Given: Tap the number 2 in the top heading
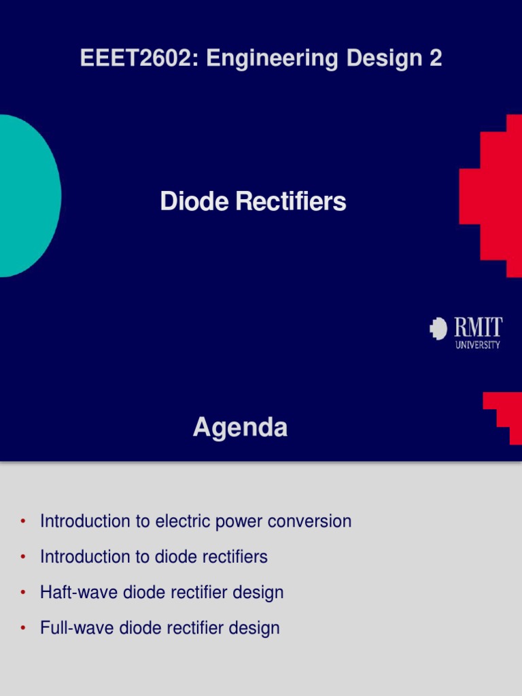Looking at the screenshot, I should tap(435, 58).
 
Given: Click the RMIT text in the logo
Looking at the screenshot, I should tap(478, 328).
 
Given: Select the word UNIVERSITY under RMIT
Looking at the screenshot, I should tap(477, 345).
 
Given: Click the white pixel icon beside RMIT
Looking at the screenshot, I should tap(438, 329).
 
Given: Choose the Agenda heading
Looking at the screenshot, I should tap(240, 428).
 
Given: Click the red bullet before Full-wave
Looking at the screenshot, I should tap(23, 628).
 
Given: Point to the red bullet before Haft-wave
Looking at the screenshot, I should tap(23, 593).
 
